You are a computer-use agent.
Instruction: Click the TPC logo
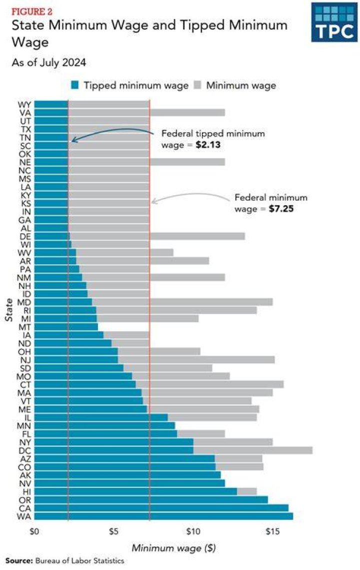point(334,23)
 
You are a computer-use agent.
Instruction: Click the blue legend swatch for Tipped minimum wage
point(75,86)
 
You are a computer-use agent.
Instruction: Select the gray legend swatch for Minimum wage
point(197,86)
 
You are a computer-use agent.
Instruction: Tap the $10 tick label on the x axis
point(193,531)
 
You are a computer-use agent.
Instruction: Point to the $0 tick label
point(34,531)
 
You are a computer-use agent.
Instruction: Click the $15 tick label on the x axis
point(272,531)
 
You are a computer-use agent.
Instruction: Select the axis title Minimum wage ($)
point(173,548)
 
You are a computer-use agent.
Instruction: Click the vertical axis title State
point(9,310)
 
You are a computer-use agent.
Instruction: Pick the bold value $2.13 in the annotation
point(208,145)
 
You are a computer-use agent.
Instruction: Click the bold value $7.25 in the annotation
point(281,209)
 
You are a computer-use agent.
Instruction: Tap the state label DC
point(24,450)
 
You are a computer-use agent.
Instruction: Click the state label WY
point(24,105)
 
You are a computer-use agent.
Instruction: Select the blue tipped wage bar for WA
point(163,516)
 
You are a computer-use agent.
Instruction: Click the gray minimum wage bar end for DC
point(312,450)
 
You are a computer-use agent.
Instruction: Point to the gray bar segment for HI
point(246,491)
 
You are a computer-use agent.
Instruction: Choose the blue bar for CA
point(161,508)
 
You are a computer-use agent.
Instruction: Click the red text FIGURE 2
point(32,12)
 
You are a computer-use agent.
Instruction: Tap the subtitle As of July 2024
point(48,63)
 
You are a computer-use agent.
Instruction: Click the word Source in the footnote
point(18,560)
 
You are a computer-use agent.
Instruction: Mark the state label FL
point(26,434)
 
